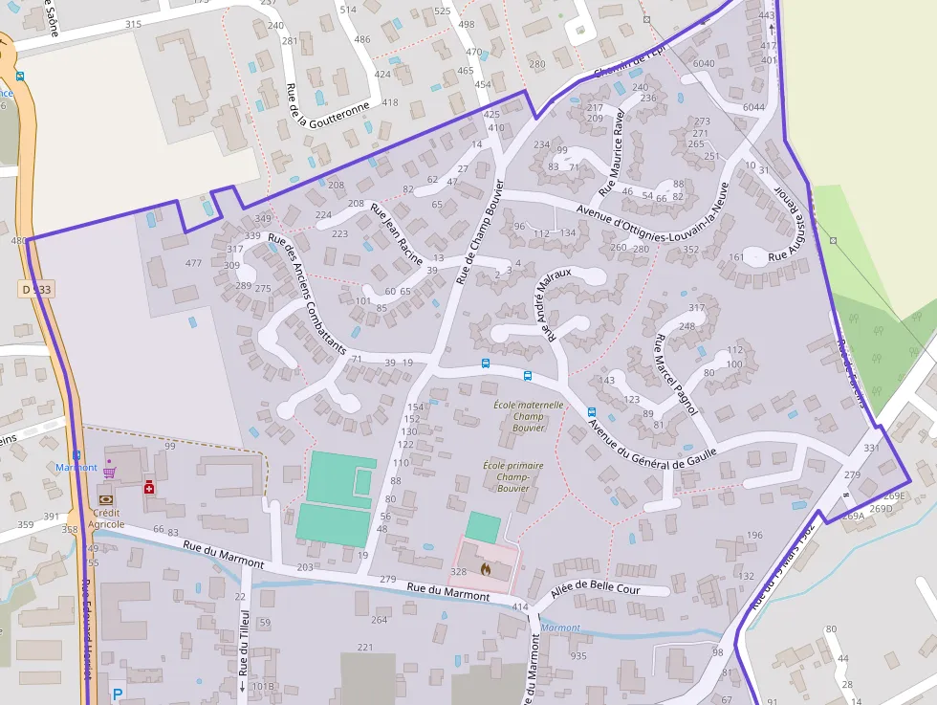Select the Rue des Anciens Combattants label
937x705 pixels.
[307, 296]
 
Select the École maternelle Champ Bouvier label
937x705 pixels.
[528, 416]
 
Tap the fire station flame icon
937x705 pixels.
[485, 569]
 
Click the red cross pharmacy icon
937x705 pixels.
[149, 488]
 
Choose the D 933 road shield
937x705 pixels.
[34, 288]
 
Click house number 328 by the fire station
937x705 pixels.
[458, 571]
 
